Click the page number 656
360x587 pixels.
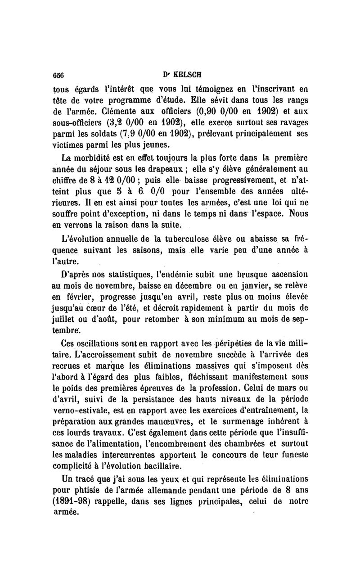tap(58, 75)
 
